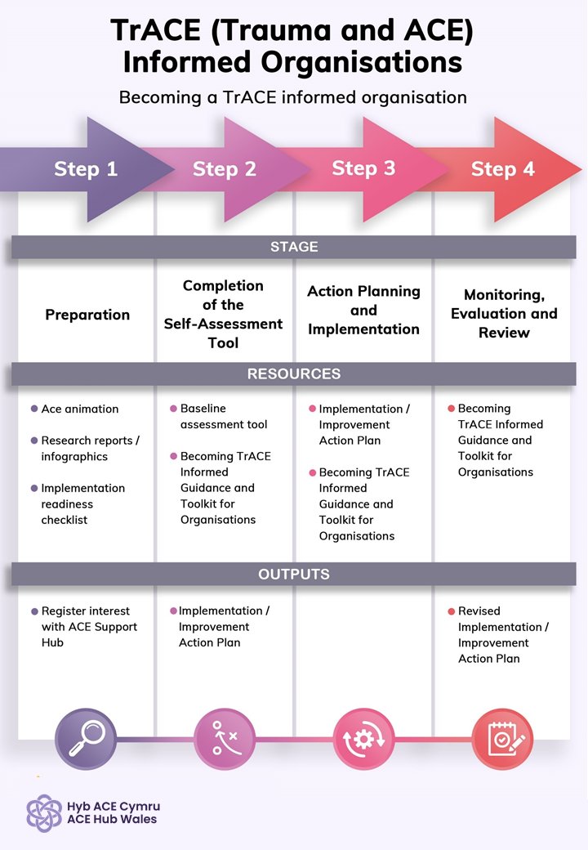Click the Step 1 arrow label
[86, 169]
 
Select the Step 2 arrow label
[225, 169]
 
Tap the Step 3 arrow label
[363, 168]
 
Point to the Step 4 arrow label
[503, 169]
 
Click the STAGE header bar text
[294, 246]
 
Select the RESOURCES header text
[294, 374]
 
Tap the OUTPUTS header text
[294, 575]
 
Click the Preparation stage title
[87, 315]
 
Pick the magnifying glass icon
[85, 739]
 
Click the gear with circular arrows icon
[363, 739]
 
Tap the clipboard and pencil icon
[503, 739]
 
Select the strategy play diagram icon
[225, 739]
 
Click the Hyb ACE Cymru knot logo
[44, 812]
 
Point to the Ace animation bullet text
[80, 409]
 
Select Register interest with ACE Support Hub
[89, 627]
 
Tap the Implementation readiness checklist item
[82, 503]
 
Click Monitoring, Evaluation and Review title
[504, 314]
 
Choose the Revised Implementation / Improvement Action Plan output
[502, 635]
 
